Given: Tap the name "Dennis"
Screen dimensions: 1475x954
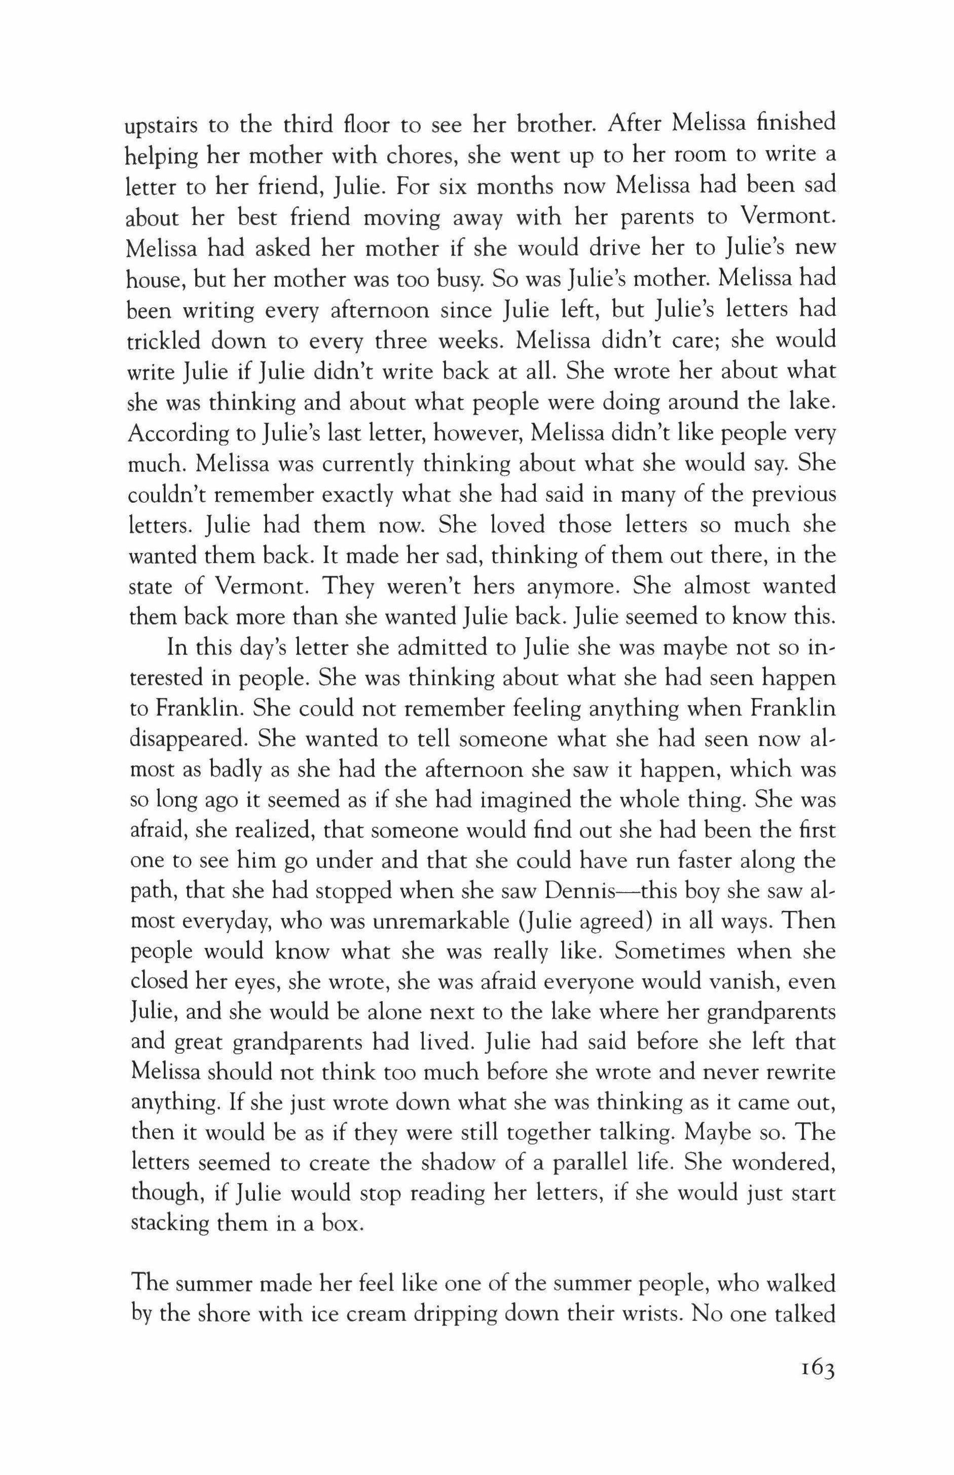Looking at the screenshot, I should pyautogui.click(x=578, y=893).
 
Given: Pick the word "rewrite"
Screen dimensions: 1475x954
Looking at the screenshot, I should pyautogui.click(x=802, y=1076).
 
